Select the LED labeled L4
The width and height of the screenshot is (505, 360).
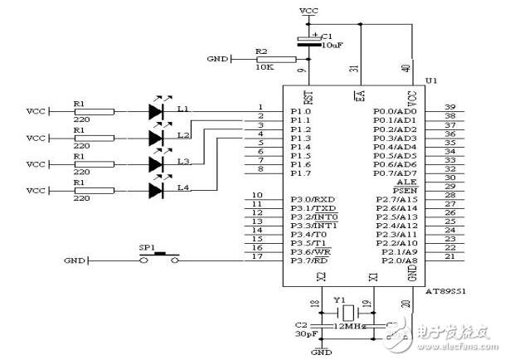(158, 191)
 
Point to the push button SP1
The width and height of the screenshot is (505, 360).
(159, 258)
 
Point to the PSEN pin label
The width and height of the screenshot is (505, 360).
(404, 189)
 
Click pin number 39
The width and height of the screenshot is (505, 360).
(450, 108)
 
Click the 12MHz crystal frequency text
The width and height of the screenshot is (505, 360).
(348, 328)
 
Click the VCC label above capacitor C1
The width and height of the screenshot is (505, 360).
(308, 12)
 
